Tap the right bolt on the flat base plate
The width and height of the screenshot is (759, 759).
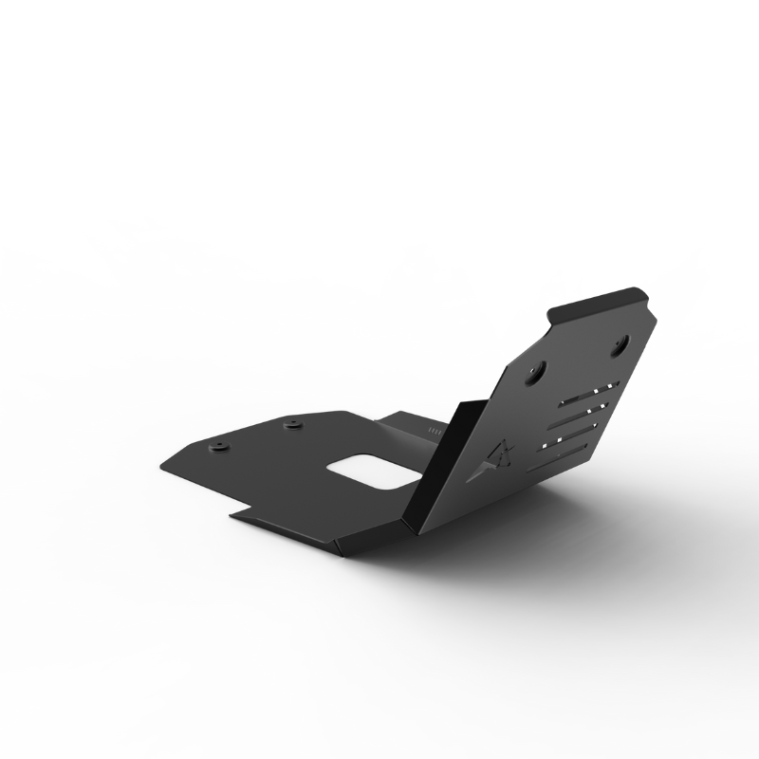[290, 423]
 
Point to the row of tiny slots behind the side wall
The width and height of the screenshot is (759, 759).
[435, 431]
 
